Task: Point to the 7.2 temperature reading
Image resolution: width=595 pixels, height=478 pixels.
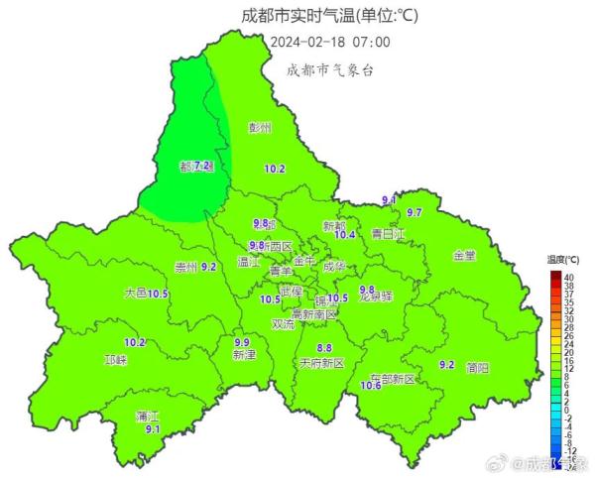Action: pos(202,166)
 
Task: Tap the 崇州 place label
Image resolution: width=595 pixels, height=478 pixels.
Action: pos(184,267)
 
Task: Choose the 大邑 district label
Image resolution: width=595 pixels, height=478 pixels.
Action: pos(135,294)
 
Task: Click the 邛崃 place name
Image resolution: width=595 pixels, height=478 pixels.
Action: pos(115,360)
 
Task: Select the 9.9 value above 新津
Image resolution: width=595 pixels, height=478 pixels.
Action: pos(242,340)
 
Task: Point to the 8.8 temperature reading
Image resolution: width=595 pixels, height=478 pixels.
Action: pos(323,347)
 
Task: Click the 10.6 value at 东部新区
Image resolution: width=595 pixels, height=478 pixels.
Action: pos(372,386)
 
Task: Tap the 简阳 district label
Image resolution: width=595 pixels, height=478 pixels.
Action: pos(476,367)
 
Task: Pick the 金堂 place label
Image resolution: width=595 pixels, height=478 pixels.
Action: pos(464,255)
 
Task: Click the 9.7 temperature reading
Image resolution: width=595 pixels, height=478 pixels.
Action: pos(415,213)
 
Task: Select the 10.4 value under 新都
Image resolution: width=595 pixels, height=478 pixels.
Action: pos(345,235)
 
